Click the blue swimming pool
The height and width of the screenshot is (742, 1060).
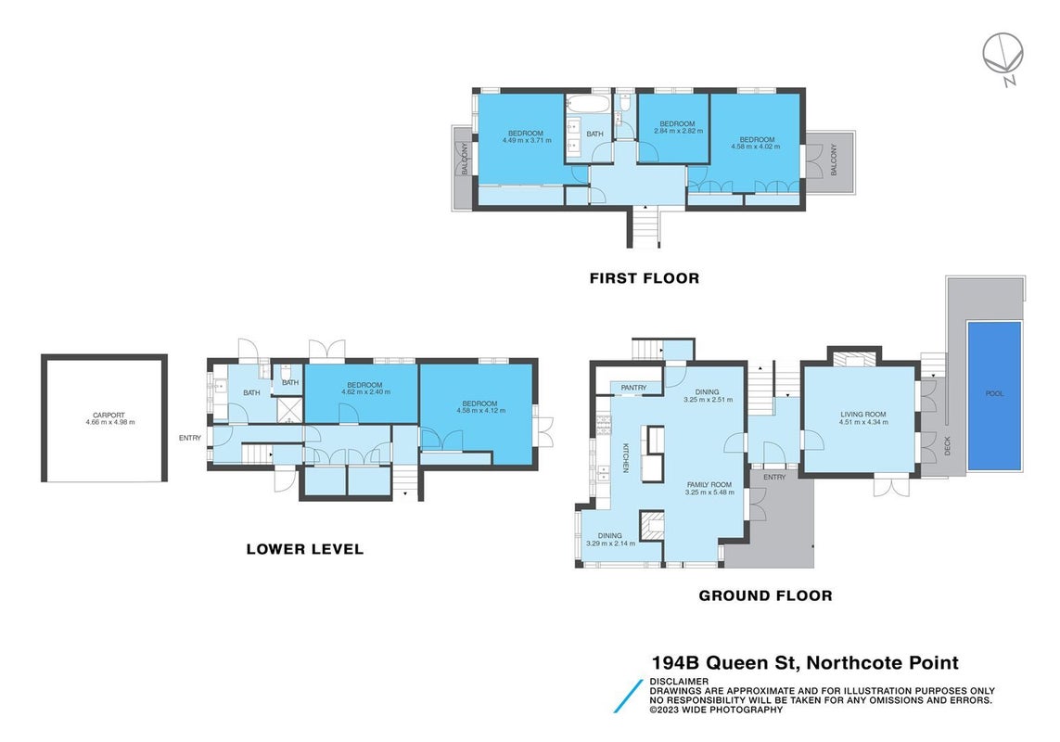click(994, 396)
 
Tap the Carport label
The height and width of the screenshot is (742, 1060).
click(109, 416)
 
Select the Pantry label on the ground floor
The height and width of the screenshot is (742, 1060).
click(633, 388)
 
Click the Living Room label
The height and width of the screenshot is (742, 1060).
click(863, 415)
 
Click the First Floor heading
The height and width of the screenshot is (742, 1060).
click(645, 278)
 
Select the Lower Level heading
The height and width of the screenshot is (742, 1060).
click(305, 549)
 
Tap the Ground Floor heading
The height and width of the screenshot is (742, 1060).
click(765, 595)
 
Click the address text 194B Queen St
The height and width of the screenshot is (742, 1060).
click(725, 663)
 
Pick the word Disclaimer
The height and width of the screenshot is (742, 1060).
click(679, 682)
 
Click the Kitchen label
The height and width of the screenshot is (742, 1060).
click(626, 457)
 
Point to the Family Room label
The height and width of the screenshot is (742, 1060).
click(709, 485)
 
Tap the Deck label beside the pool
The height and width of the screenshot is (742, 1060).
click(947, 446)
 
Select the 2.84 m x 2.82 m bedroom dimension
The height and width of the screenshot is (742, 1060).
click(677, 131)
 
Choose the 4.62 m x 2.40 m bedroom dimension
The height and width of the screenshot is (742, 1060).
click(365, 392)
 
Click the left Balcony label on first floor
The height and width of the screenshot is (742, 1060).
click(466, 159)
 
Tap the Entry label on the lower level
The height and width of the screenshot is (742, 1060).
click(190, 439)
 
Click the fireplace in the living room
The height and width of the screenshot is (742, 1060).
click(856, 359)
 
